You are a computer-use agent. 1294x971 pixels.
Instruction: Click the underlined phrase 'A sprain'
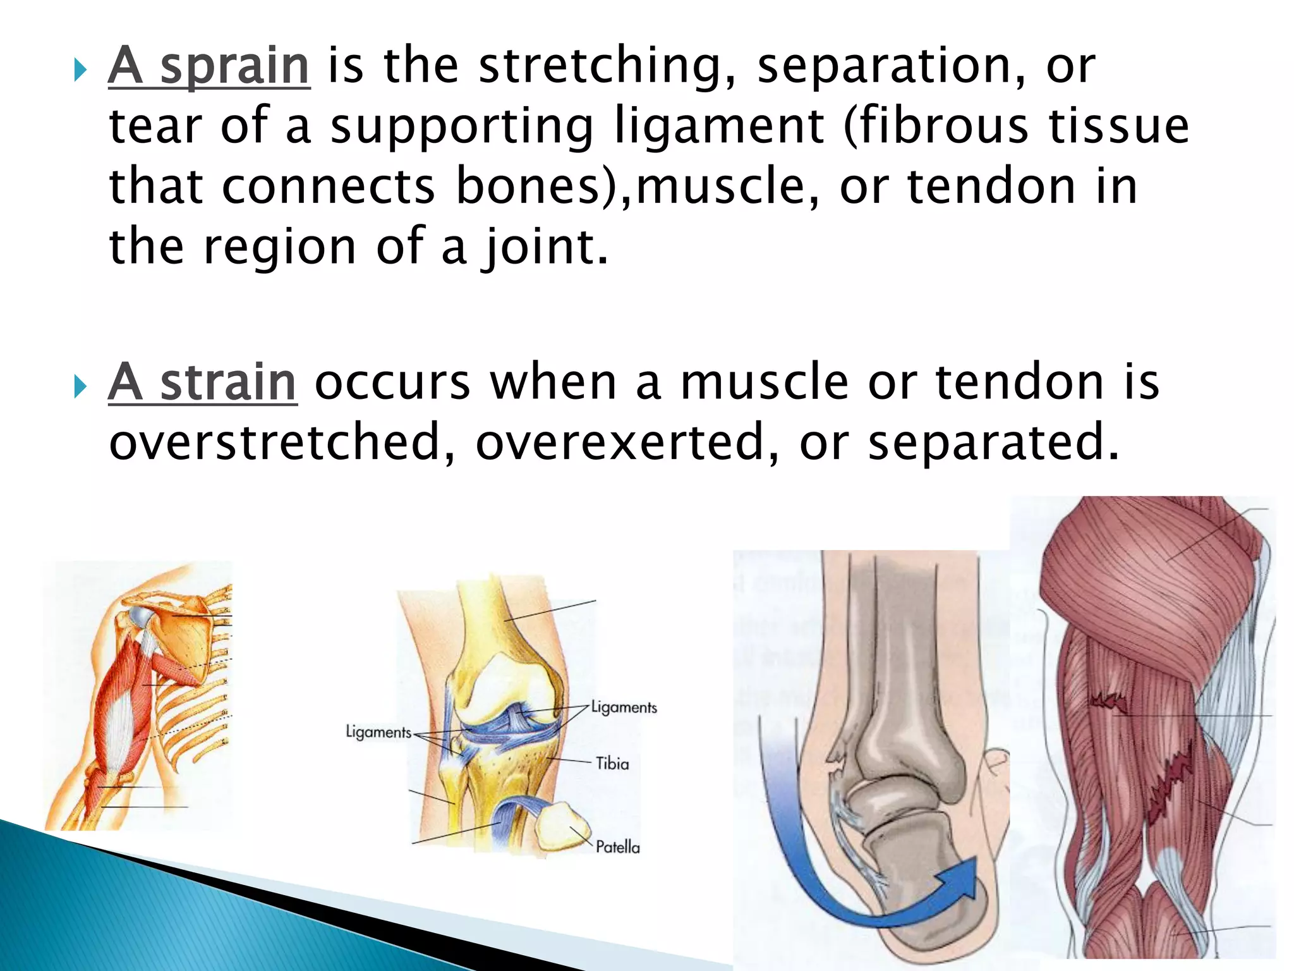(209, 66)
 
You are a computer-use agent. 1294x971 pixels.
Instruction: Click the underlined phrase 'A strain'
(202, 383)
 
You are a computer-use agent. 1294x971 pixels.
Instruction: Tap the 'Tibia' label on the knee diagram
(612, 764)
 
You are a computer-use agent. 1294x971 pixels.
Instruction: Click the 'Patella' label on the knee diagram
(617, 847)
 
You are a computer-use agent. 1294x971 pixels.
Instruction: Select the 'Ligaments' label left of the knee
(378, 732)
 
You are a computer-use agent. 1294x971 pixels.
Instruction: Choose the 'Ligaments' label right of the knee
(624, 707)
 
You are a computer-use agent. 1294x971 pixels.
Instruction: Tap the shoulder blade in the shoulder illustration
(183, 638)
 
